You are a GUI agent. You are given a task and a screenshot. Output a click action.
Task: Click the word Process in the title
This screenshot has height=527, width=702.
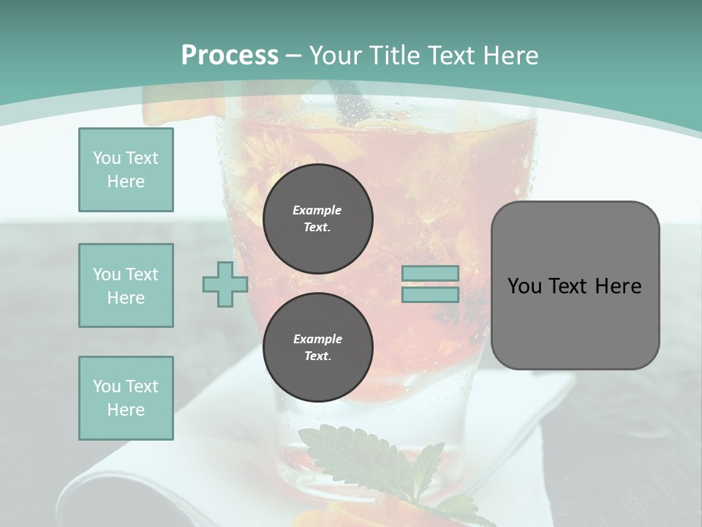click(x=230, y=56)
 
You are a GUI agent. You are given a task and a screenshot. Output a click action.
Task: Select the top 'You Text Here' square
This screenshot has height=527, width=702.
click(x=126, y=170)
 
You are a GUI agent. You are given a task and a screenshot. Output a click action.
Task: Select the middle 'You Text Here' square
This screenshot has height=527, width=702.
click(x=126, y=285)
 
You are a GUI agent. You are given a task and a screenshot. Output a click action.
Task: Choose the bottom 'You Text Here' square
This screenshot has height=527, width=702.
click(x=126, y=398)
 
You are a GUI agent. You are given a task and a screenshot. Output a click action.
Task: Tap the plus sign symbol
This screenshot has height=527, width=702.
click(x=225, y=284)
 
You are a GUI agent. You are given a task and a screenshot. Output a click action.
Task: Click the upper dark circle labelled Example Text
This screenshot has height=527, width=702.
click(x=317, y=219)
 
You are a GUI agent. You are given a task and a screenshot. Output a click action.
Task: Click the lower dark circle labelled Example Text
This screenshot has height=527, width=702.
click(x=317, y=348)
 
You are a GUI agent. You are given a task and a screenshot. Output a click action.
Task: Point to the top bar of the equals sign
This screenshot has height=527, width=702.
click(x=431, y=273)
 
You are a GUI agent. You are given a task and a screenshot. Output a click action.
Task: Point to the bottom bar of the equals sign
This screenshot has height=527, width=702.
click(x=431, y=295)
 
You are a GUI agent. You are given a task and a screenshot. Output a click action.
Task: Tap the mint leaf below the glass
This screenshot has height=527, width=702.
click(x=366, y=457)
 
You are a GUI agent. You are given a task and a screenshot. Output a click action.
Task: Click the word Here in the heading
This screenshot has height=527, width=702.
click(x=509, y=56)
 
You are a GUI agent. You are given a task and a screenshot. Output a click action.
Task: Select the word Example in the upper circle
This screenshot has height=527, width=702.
click(x=317, y=210)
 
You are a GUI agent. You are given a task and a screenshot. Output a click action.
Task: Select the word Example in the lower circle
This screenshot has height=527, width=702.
click(x=317, y=339)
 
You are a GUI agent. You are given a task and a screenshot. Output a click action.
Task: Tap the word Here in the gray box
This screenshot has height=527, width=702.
click(x=618, y=286)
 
